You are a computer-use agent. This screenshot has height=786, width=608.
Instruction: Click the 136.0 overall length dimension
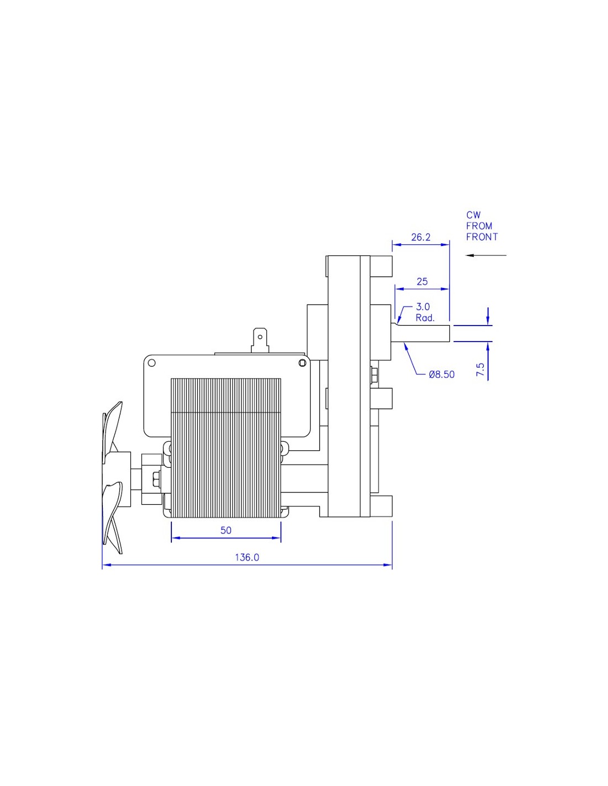pos(247,557)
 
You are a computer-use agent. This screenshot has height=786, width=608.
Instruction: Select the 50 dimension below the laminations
pos(226,530)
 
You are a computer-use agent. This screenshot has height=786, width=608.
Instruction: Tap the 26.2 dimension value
pos(421,237)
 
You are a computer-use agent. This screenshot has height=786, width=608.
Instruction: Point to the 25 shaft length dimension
pos(422,281)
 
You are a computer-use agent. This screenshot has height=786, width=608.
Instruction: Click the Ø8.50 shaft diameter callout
pos(442,375)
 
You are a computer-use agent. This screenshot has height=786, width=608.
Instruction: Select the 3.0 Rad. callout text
pos(425,312)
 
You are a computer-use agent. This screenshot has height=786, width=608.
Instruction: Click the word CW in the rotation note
pos(474,215)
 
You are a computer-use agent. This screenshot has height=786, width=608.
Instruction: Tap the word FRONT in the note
pos(482,237)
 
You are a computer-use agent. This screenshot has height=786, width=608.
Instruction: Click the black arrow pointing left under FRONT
pos(486,255)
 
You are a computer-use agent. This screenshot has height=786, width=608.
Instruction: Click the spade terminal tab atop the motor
pos(260,339)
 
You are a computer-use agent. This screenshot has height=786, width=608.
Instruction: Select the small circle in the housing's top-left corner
pos(152,363)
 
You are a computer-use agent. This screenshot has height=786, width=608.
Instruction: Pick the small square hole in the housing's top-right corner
pos(302,363)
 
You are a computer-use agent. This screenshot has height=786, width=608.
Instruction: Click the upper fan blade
pos(113,427)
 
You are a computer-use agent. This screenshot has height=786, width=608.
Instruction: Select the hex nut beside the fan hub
pos(157,480)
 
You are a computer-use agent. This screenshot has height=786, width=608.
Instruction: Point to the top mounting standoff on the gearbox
pos(381,266)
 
